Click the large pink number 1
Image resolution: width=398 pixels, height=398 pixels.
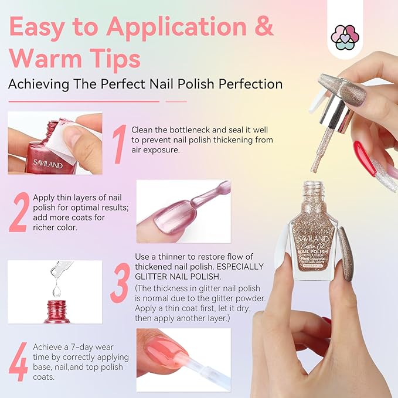coord(119,144)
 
